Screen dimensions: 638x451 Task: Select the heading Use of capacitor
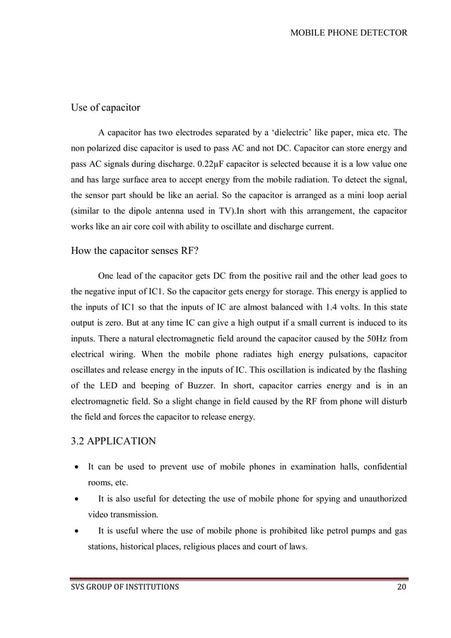coord(105,108)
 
